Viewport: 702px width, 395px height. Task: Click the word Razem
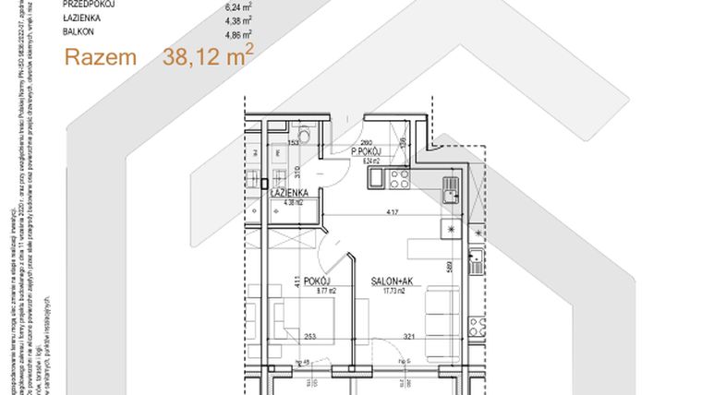click(x=100, y=57)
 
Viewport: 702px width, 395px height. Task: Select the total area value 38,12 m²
click(x=208, y=56)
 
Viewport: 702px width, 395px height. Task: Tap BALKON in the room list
click(x=79, y=31)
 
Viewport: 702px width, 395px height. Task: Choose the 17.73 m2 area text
click(x=393, y=291)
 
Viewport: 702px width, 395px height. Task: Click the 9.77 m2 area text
click(x=324, y=291)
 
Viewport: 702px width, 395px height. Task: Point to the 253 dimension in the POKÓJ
click(x=310, y=338)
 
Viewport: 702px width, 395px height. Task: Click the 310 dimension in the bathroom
click(x=297, y=170)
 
